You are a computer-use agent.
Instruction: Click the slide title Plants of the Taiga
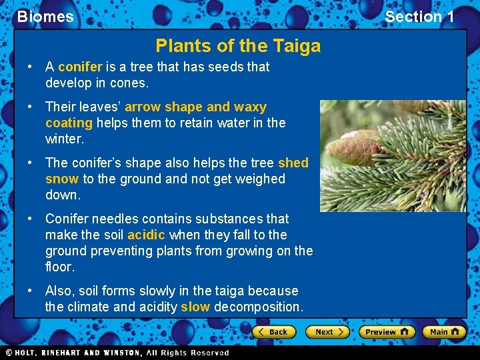[x=238, y=46]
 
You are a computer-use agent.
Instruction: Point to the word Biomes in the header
[x=45, y=17]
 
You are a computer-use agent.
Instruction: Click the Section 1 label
[x=419, y=17]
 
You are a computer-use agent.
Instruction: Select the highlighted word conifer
[x=80, y=67]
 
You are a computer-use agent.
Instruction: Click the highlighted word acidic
[x=147, y=235]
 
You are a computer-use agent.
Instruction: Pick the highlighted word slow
[x=195, y=307]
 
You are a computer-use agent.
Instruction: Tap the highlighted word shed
[x=293, y=163]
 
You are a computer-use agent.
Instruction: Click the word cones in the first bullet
[x=131, y=83]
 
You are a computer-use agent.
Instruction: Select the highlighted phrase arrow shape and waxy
[x=195, y=107]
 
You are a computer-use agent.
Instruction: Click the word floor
[x=60, y=267]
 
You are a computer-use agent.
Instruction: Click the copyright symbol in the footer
[x=9, y=353]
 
